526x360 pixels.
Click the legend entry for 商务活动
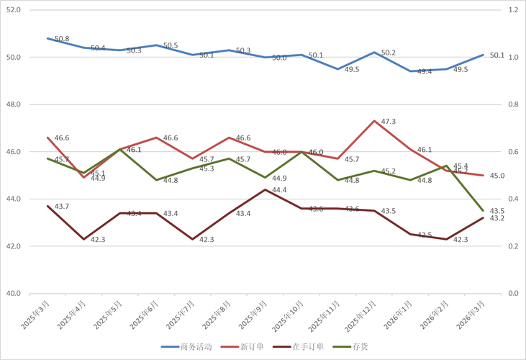tap(189, 346)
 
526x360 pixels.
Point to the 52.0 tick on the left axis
tap(14, 10)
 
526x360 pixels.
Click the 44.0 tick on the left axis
tap(14, 199)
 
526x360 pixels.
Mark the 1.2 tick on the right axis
tap(513, 10)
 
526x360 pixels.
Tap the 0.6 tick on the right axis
tap(513, 152)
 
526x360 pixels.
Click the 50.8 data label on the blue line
tap(62, 39)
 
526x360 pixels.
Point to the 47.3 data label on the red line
tap(389, 122)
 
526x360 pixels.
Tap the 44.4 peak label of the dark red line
tap(279, 190)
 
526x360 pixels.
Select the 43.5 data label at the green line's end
tap(496, 210)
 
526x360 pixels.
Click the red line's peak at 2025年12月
tap(374, 120)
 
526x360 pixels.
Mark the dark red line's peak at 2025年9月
tap(266, 189)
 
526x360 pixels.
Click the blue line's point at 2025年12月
tap(374, 53)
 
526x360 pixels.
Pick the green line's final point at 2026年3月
tap(483, 210)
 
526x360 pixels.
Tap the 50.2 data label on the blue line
tap(389, 53)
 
